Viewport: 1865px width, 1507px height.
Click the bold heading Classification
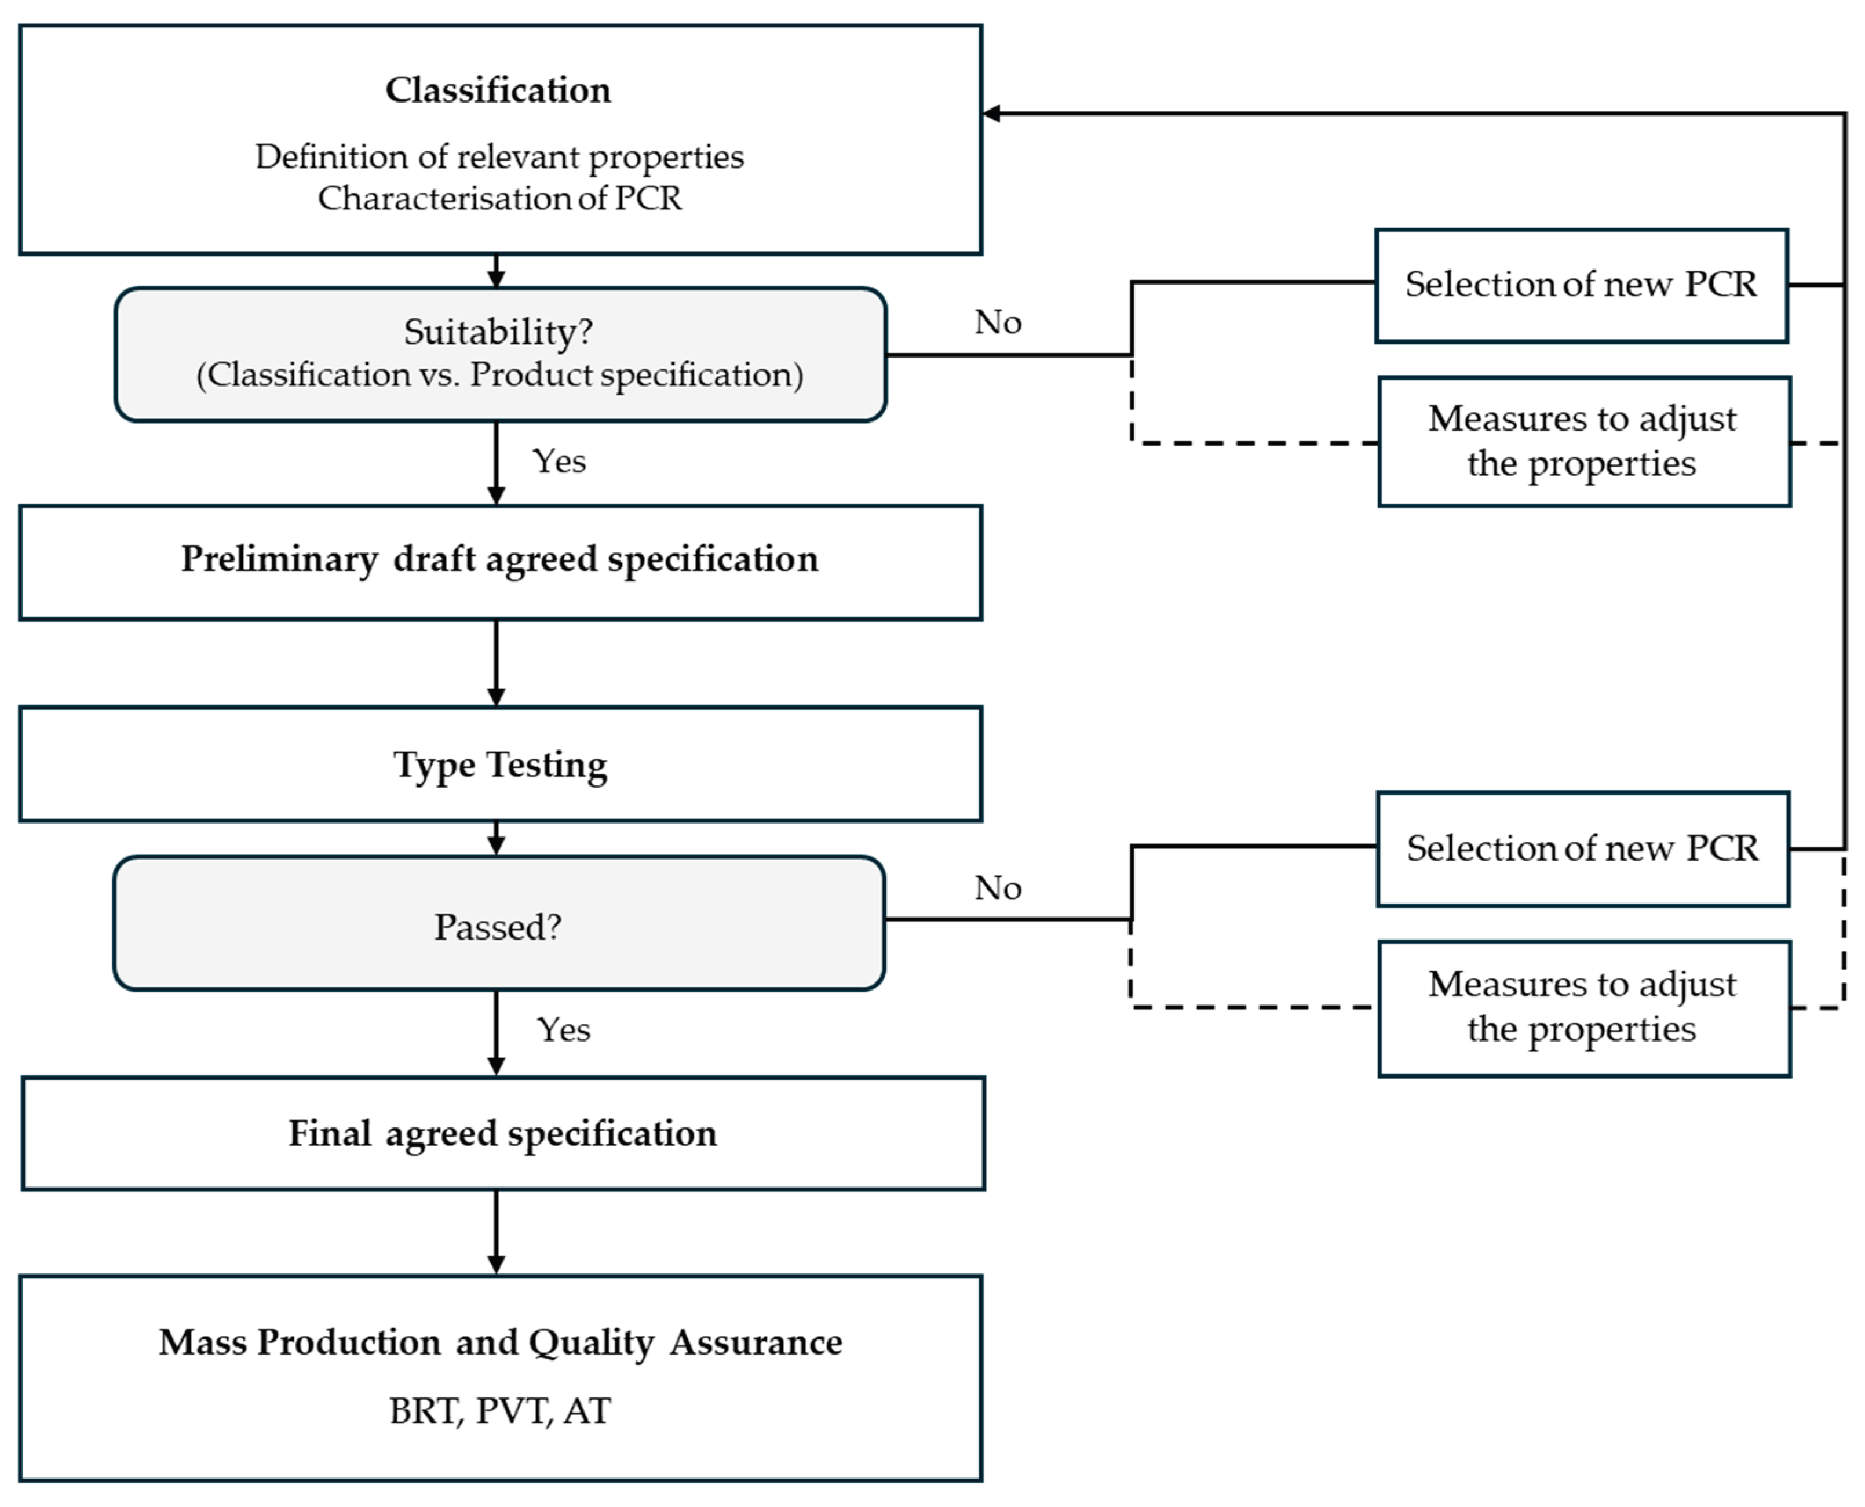(498, 90)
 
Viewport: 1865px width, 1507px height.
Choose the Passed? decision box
(499, 922)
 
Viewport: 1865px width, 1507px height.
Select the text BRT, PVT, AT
(500, 1411)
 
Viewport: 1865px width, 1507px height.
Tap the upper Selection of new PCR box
(1581, 286)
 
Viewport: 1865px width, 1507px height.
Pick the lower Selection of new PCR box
(1583, 849)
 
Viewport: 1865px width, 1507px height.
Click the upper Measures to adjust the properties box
(1585, 441)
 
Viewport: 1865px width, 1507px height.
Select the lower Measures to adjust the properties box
(1585, 1008)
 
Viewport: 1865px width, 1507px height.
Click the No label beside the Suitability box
(998, 322)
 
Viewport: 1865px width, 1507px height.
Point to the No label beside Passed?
(998, 887)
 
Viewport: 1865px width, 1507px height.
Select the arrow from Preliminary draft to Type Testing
(497, 663)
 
